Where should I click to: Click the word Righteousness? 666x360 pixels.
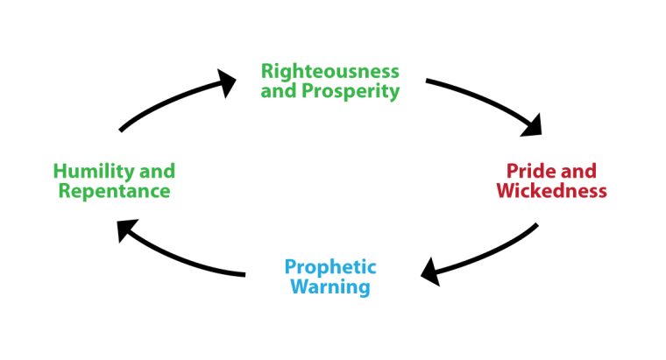(330, 71)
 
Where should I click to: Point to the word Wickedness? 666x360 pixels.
(551, 191)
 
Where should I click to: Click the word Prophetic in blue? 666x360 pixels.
(330, 266)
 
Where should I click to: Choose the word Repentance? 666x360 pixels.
(114, 191)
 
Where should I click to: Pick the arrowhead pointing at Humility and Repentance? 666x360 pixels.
(127, 229)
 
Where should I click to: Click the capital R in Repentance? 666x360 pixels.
(64, 191)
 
